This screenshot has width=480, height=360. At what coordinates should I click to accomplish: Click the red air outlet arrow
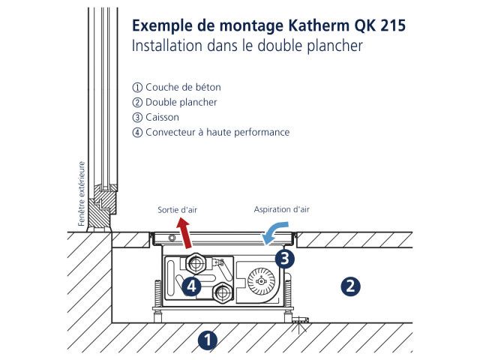185,232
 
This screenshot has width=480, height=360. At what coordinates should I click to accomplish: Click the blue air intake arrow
274,232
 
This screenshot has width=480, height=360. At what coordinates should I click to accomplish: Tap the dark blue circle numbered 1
208,340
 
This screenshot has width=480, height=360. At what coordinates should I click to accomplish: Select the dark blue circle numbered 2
350,286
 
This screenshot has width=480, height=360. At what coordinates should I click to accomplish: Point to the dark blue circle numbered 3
285,259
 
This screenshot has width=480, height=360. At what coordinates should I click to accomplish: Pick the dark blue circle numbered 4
191,286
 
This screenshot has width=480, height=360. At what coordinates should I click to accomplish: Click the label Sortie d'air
177,210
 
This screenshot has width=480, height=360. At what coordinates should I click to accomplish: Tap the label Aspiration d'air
282,210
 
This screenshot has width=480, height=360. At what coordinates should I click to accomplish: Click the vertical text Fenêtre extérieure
81,193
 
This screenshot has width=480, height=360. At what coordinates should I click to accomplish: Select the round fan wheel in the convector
261,281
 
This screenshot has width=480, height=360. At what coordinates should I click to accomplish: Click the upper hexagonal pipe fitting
195,263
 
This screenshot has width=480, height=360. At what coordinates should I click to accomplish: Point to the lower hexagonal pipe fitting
223,293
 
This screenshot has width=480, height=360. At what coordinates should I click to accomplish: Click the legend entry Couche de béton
177,87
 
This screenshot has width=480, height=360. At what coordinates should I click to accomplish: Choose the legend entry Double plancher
175,102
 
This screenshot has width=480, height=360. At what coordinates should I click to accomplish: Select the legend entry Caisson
155,117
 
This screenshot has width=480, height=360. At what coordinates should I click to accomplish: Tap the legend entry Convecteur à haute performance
211,132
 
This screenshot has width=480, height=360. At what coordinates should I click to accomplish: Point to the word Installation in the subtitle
167,46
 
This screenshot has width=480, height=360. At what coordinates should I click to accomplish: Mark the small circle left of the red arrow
172,238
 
